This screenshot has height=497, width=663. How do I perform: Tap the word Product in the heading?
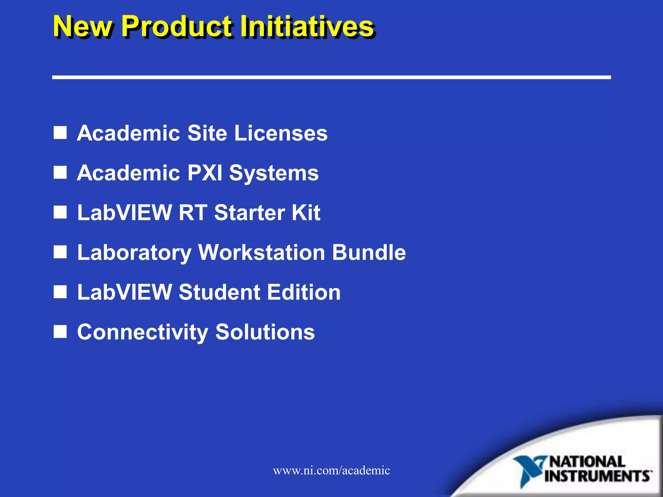click(x=176, y=27)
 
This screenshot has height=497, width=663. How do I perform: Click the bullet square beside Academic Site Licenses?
click(x=60, y=133)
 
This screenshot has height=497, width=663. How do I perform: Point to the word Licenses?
click(x=281, y=133)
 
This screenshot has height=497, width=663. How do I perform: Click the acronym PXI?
click(x=205, y=173)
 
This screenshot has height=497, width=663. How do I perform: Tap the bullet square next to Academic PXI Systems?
click(x=60, y=173)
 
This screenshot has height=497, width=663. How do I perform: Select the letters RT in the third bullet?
click(x=193, y=213)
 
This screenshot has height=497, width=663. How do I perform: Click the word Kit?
click(x=306, y=213)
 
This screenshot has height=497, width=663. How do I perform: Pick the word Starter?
click(x=250, y=213)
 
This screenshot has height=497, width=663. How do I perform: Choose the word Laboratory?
click(x=134, y=253)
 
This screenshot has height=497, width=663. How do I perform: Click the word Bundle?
click(x=369, y=252)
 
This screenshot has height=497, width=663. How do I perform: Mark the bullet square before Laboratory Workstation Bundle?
click(x=60, y=252)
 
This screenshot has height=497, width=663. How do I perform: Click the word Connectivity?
click(x=143, y=332)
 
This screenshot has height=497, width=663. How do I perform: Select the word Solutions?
click(x=265, y=332)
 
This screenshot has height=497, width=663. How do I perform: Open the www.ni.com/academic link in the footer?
click(x=331, y=470)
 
